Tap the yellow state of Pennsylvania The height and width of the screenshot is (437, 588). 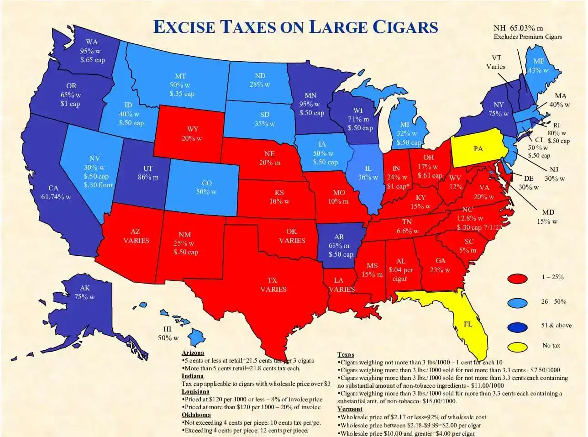click(x=478, y=149)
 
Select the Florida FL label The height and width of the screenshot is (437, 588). click(x=468, y=324)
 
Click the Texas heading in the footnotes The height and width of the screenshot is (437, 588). click(x=346, y=354)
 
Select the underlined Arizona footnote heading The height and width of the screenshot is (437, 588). click(x=193, y=353)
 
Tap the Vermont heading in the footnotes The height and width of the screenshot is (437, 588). click(x=350, y=409)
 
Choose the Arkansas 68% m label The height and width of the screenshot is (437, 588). click(x=339, y=246)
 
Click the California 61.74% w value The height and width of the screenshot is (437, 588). click(x=56, y=197)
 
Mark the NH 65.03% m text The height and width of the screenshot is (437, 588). click(x=518, y=28)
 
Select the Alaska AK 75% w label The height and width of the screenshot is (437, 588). click(x=85, y=292)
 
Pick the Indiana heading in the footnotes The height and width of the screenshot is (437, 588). click(x=192, y=376)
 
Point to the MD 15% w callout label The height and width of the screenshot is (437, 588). click(x=547, y=217)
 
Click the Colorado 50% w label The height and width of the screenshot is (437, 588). click(x=206, y=187)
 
